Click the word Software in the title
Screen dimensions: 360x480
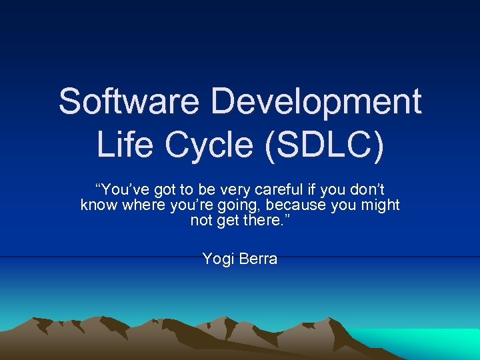(x=130, y=102)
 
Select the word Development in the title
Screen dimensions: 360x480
(x=317, y=102)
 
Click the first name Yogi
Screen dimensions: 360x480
(x=217, y=259)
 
